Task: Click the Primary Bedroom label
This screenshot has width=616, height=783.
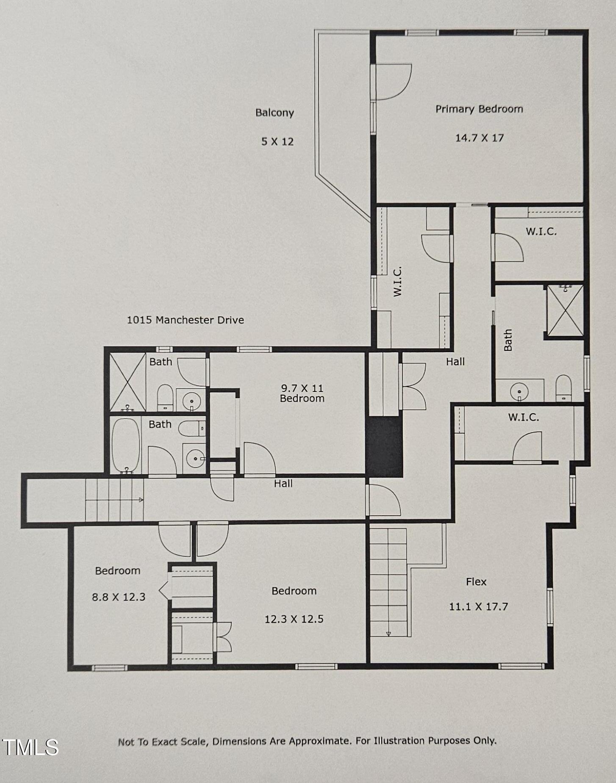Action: tap(479, 109)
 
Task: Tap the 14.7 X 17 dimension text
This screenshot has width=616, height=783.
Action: tap(479, 138)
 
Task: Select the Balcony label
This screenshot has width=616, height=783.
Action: tap(275, 113)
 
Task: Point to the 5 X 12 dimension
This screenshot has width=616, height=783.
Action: tap(277, 142)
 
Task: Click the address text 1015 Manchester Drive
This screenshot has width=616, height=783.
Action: tap(186, 320)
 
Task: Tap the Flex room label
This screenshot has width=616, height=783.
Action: tap(476, 582)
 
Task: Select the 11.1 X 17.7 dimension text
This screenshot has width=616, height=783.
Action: tap(478, 607)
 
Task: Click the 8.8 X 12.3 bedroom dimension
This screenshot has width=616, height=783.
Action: tap(119, 597)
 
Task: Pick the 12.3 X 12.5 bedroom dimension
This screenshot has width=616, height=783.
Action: tap(294, 619)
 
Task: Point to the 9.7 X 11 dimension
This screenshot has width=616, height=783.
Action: tap(302, 388)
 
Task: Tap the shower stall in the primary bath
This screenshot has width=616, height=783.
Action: tap(565, 311)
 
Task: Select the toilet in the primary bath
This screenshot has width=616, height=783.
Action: tap(563, 388)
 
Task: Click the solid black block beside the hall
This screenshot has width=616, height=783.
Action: tap(384, 447)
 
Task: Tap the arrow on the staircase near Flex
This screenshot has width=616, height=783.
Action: tap(388, 633)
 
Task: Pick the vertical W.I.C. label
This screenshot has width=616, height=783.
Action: tap(397, 281)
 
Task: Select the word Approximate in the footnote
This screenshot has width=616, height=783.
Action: tap(319, 741)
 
